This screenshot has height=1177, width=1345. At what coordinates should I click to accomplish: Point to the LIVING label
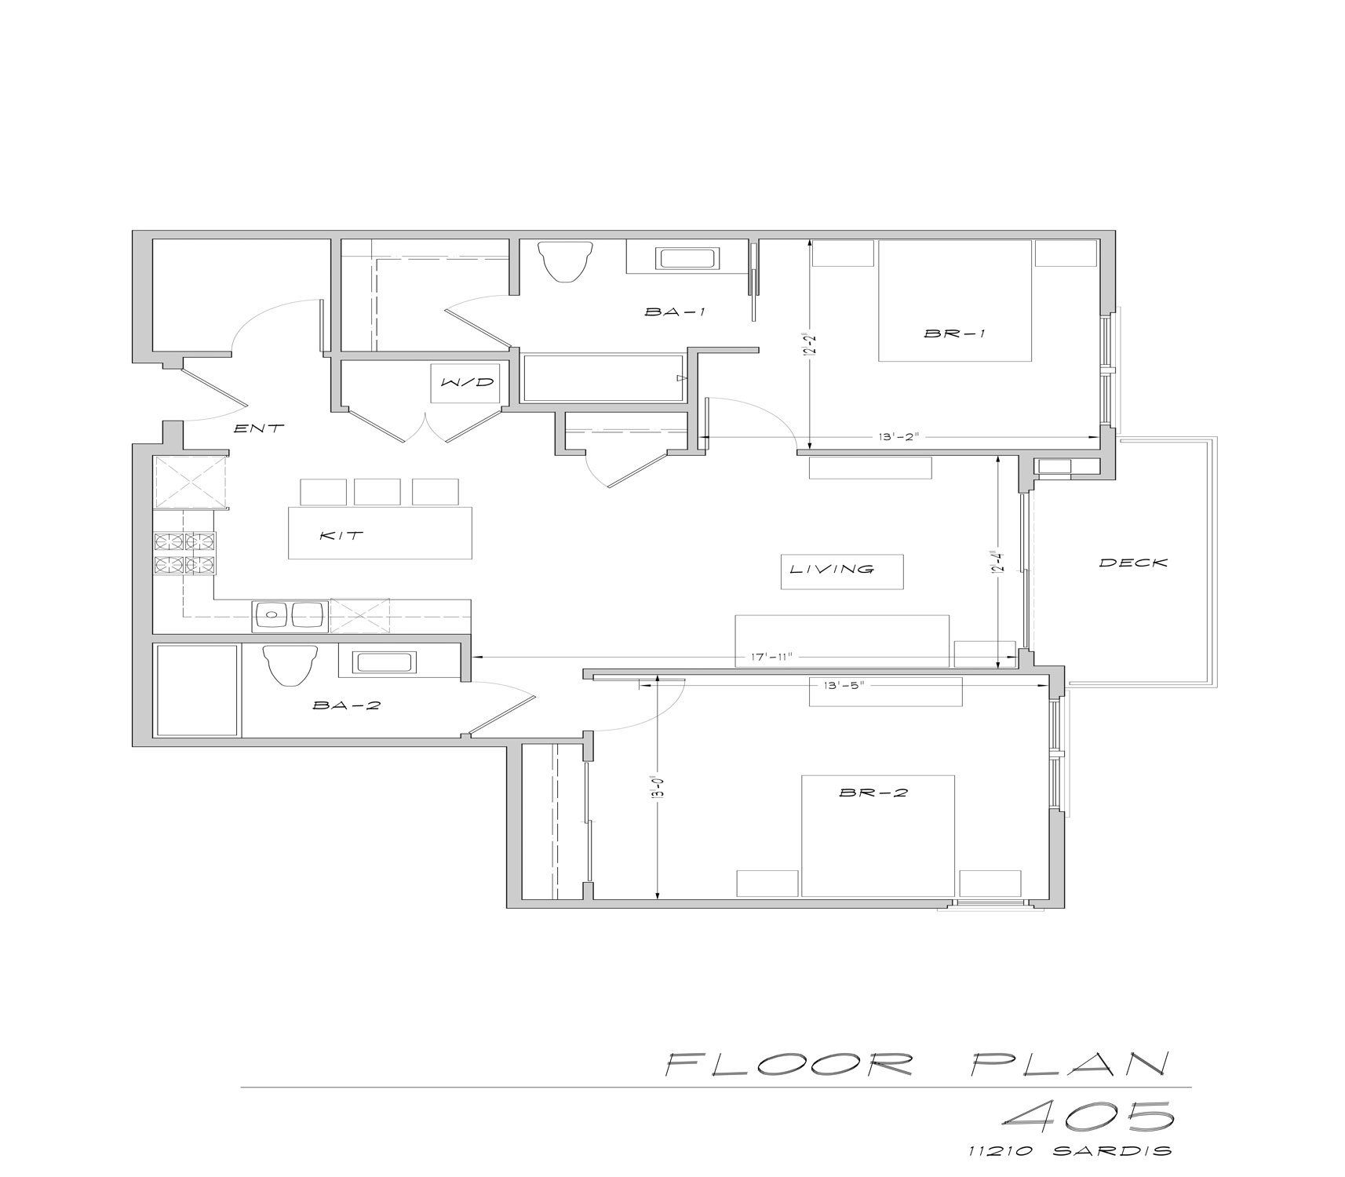click(832, 569)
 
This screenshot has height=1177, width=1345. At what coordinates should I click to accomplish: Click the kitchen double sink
click(290, 615)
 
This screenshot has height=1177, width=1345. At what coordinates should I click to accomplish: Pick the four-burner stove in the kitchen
click(185, 553)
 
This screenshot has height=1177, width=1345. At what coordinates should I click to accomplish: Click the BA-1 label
click(675, 312)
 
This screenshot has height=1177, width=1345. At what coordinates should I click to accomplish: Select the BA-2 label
click(346, 705)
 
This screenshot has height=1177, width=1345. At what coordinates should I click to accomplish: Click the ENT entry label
click(259, 428)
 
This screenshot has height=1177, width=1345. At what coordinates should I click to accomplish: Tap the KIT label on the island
click(342, 536)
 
